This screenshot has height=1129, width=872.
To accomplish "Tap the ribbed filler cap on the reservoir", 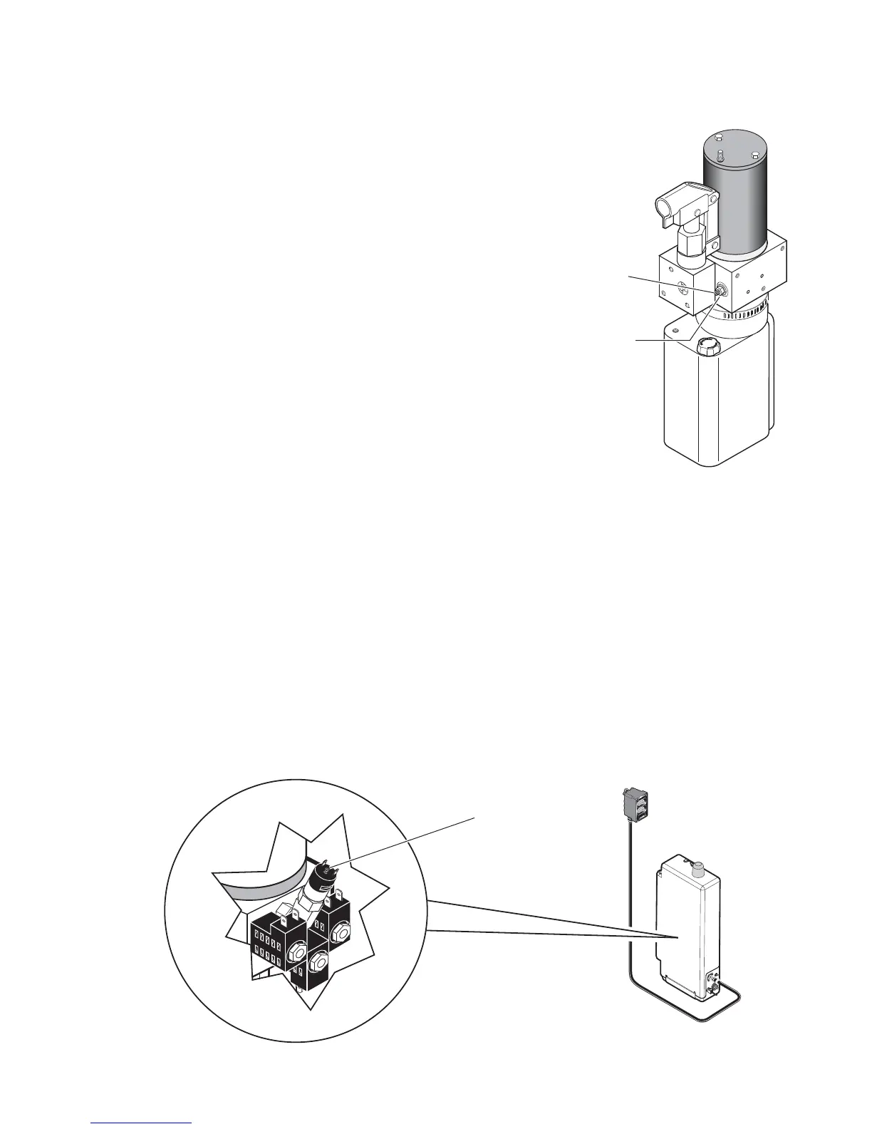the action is (x=707, y=348).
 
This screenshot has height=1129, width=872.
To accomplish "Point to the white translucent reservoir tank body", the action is (x=712, y=406).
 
